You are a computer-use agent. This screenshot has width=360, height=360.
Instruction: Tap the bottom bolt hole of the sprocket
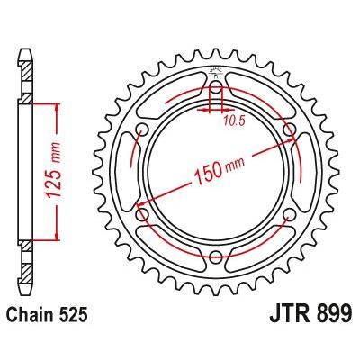[x=217, y=258]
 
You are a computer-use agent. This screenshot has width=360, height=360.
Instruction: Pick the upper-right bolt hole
[x=290, y=132]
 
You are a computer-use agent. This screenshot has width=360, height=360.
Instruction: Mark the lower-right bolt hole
[x=290, y=216]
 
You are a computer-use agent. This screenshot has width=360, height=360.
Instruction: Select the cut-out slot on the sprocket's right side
[x=301, y=174]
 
